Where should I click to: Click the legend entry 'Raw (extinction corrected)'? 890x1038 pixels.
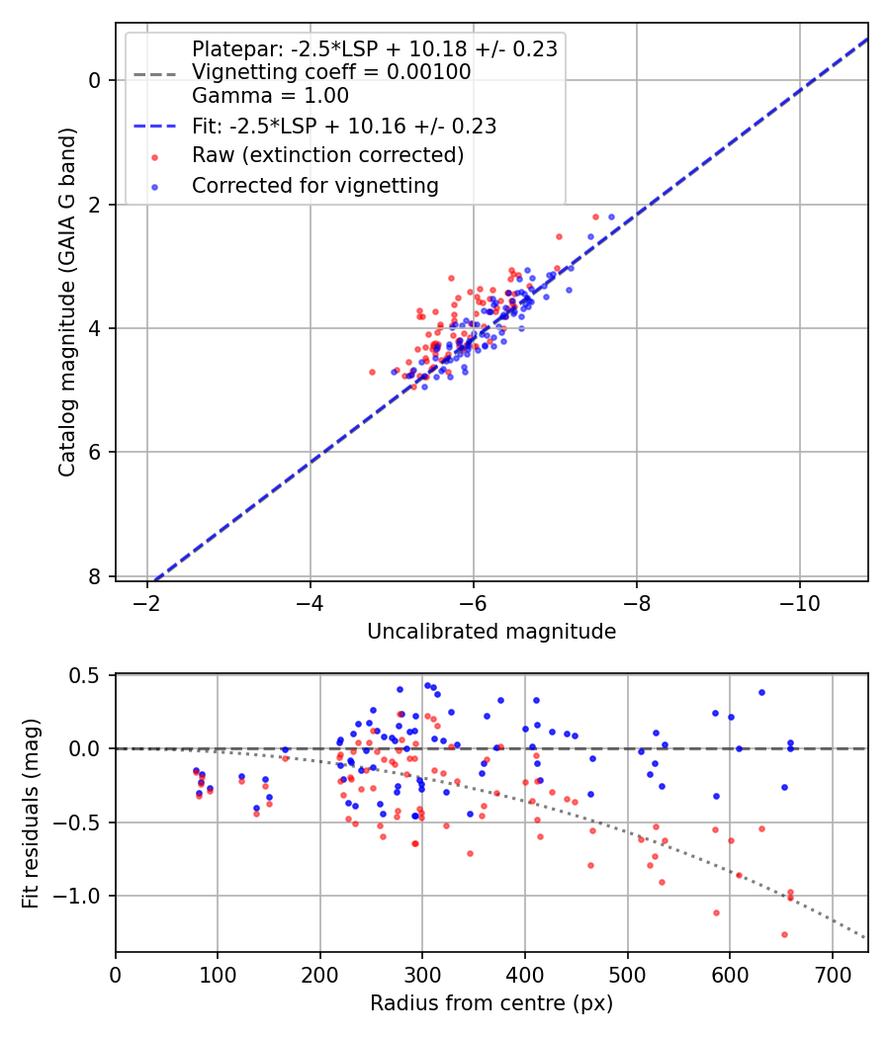pyautogui.click(x=327, y=155)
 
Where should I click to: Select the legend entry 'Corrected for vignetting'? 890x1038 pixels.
pyautogui.click(x=315, y=185)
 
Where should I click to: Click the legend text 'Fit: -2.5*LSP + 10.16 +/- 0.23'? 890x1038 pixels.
pyautogui.click(x=343, y=127)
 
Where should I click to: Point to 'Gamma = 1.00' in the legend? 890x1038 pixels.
pyautogui.click(x=270, y=96)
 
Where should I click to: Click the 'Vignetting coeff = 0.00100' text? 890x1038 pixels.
pyautogui.click(x=331, y=72)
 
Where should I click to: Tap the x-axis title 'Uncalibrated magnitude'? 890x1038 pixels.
pyautogui.click(x=491, y=632)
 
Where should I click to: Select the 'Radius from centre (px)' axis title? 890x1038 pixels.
pyautogui.click(x=491, y=1003)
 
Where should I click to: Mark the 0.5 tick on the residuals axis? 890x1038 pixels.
pyautogui.click(x=90, y=675)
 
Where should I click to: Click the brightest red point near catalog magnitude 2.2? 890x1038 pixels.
pyautogui.click(x=595, y=216)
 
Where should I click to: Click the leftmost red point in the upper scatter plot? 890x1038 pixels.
pyautogui.click(x=372, y=372)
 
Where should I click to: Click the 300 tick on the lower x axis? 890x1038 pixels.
pyautogui.click(x=422, y=974)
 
